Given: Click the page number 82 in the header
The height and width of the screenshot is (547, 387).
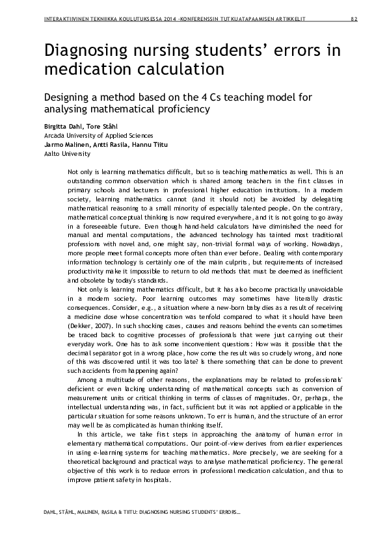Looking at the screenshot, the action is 354,19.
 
